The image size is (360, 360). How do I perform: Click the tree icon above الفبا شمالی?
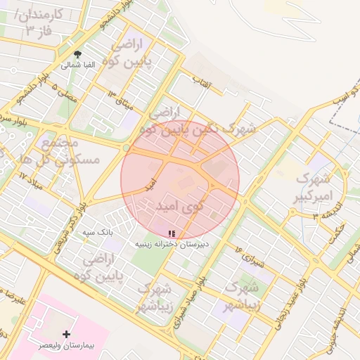click(77, 54)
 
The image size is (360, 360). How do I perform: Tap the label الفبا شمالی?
click(77, 65)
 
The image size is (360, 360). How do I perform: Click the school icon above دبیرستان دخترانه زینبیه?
click(172, 233)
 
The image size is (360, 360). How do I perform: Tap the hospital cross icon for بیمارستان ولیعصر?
click(67, 335)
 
